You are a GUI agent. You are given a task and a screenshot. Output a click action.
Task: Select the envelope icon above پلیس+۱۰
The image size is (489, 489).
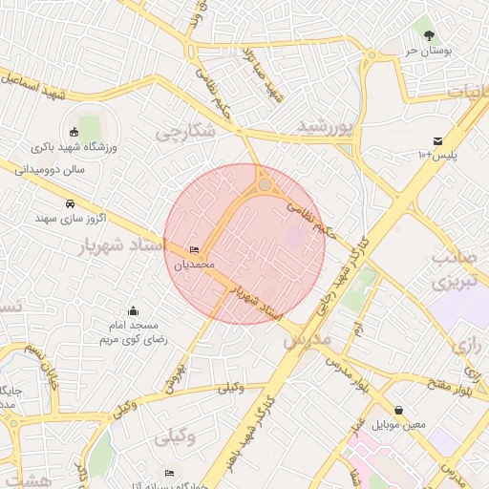[437, 140]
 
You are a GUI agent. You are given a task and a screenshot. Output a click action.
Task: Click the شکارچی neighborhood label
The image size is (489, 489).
[181, 133]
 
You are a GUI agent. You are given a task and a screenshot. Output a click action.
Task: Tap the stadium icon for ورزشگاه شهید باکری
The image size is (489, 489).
[75, 132]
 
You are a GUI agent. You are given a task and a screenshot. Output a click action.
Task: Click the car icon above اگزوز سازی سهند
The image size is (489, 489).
[70, 203]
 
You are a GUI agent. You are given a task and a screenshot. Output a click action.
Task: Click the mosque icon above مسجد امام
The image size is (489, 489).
[132, 310]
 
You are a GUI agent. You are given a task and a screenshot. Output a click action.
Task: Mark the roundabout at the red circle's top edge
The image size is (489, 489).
[265, 183]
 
